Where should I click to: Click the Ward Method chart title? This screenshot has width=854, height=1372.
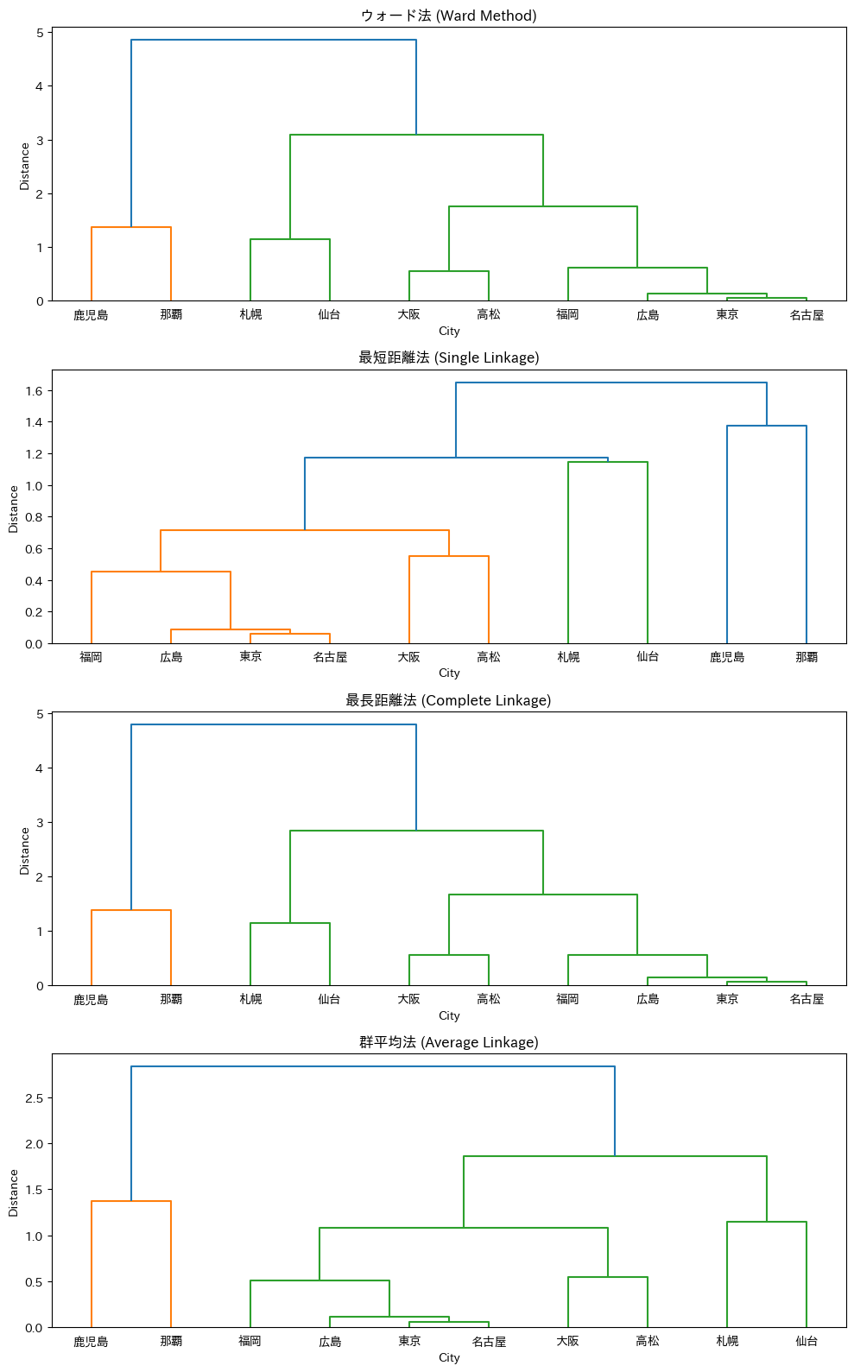448,16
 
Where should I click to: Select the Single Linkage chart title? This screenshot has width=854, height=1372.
448,357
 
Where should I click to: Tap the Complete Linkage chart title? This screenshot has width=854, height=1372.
448,700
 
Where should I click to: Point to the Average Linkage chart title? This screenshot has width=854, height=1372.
448,1042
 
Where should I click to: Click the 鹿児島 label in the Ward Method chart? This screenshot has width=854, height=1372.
91,315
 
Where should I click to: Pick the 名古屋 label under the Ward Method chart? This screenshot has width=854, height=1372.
807,315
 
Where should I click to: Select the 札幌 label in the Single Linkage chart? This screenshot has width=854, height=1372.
568,657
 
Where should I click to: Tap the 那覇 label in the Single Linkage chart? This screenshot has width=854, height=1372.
807,657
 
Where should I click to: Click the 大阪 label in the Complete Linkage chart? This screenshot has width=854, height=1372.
408,999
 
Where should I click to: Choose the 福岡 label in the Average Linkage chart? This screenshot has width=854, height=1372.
250,1341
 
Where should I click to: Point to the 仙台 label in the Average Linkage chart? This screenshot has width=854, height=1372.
807,1341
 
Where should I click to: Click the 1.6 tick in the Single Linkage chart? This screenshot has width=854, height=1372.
34,391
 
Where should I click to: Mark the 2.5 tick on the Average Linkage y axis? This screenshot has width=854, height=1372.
34,1098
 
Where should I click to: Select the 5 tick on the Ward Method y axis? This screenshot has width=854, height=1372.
40,33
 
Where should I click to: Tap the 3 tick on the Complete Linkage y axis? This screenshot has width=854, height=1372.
40,823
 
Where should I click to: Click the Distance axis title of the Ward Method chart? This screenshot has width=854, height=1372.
24,167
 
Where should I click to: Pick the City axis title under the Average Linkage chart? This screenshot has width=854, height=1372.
449,1358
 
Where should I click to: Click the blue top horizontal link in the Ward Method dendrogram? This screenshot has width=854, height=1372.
274,40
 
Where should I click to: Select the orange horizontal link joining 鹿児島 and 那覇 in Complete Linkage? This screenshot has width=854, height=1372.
131,910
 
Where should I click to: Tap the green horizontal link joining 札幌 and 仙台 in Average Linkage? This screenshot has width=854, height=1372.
767,1222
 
